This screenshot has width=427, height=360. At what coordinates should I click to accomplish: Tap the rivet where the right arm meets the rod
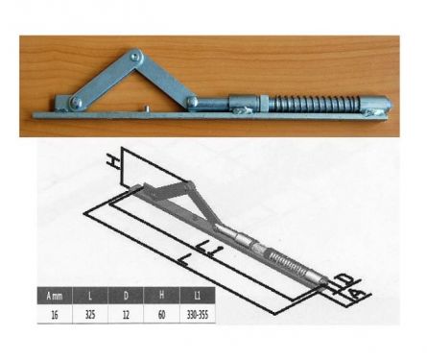(x=194, y=100)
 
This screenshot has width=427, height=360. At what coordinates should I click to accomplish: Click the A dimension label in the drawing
(x=358, y=293)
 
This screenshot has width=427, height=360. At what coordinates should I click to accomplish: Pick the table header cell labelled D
(x=128, y=294)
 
